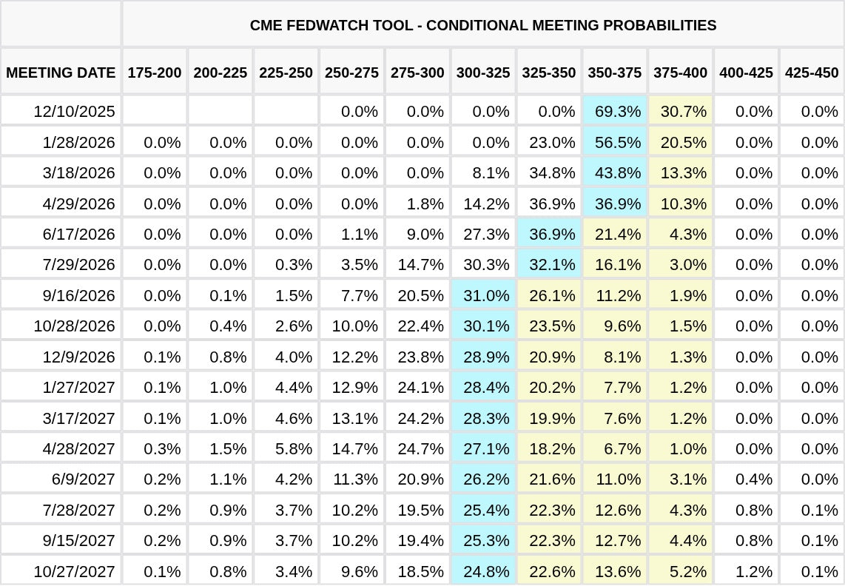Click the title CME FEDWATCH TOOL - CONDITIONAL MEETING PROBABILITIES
(x=483, y=25)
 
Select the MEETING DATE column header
(x=61, y=73)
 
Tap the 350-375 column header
(x=615, y=73)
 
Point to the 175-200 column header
(x=154, y=73)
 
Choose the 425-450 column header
(x=812, y=73)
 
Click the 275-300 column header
(x=417, y=73)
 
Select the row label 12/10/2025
(x=74, y=111)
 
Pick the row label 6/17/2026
(x=78, y=234)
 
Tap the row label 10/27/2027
(x=74, y=571)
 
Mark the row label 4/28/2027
(x=78, y=448)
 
